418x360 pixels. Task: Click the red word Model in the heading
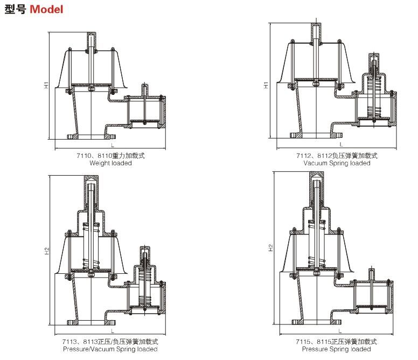click(46, 10)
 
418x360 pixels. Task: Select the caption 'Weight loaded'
click(110, 163)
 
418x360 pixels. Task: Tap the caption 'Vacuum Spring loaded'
click(337, 163)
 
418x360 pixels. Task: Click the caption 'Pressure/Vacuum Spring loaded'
click(110, 349)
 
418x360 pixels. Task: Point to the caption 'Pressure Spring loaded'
click(336, 349)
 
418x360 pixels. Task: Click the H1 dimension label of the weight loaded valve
click(47, 85)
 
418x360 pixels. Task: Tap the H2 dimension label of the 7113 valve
click(47, 251)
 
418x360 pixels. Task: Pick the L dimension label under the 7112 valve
click(340, 145)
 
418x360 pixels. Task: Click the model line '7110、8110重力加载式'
click(110, 156)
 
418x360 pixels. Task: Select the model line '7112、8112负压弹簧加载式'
click(337, 156)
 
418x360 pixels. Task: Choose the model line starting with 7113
click(110, 342)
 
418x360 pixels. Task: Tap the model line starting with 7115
click(336, 342)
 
